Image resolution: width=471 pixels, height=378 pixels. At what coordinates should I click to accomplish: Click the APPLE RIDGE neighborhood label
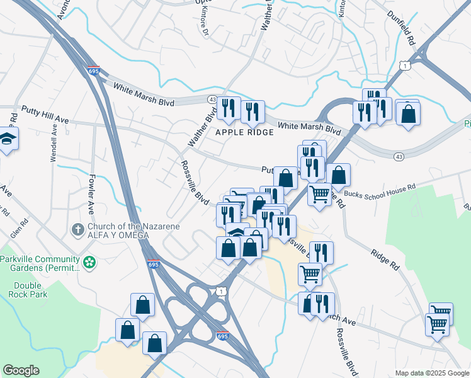pos(245,132)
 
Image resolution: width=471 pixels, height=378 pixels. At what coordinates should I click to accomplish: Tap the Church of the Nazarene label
pos(133,227)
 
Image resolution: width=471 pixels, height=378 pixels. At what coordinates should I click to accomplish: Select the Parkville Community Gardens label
pos(40,263)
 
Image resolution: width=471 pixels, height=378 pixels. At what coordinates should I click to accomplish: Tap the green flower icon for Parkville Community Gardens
pos(90,261)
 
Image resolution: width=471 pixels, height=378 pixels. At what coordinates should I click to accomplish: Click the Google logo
pos(21,370)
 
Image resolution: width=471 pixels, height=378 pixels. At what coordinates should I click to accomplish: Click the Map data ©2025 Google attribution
pos(433,373)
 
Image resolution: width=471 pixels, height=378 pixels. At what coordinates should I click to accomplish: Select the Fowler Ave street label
pos(91,195)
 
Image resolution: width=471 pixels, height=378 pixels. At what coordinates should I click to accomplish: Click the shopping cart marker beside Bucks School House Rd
pos(320,194)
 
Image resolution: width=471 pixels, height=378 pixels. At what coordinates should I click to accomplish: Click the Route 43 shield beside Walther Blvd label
pos(212,99)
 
